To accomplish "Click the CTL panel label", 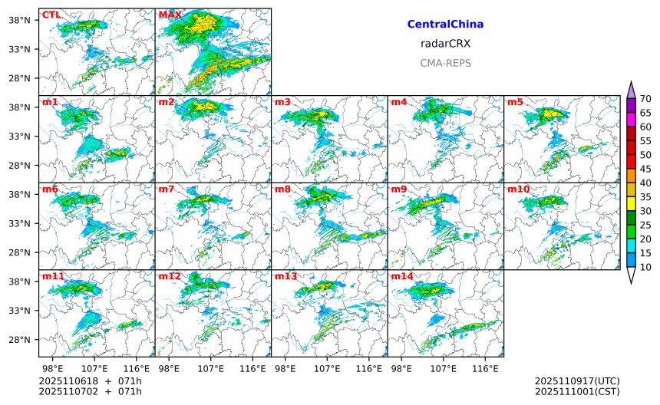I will [x=51, y=15].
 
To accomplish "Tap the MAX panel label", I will [x=170, y=15].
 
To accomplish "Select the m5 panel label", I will [x=515, y=102].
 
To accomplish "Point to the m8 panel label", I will [x=282, y=189].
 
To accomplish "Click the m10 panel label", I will [x=517, y=189].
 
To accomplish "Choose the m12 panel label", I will [x=170, y=276].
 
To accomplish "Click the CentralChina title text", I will [x=445, y=25].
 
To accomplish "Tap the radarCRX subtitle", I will [x=445, y=44].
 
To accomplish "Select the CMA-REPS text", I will [x=445, y=63].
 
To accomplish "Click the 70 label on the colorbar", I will [x=645, y=99].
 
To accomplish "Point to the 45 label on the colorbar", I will [x=645, y=169].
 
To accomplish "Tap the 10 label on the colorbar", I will [x=645, y=267].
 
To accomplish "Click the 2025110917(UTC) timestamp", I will [x=577, y=381].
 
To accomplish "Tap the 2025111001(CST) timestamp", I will [x=577, y=392].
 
